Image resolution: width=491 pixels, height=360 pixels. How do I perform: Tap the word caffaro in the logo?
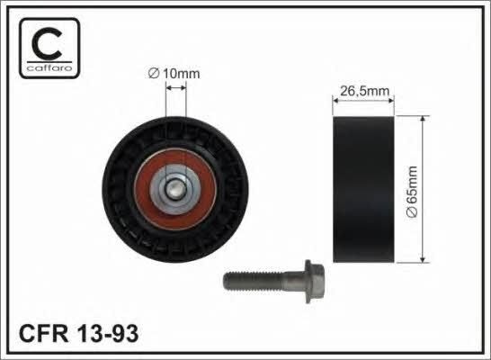(49, 68)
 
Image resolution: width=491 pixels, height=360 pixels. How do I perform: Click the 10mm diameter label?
(174, 74)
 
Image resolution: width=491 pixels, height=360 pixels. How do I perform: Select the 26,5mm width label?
(364, 91)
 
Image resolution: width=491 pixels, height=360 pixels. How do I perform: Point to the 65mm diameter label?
(412, 192)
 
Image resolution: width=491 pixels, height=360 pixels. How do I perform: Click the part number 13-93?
(107, 333)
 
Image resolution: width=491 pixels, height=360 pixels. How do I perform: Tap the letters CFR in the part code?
(43, 333)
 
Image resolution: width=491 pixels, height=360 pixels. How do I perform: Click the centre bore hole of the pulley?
(174, 189)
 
